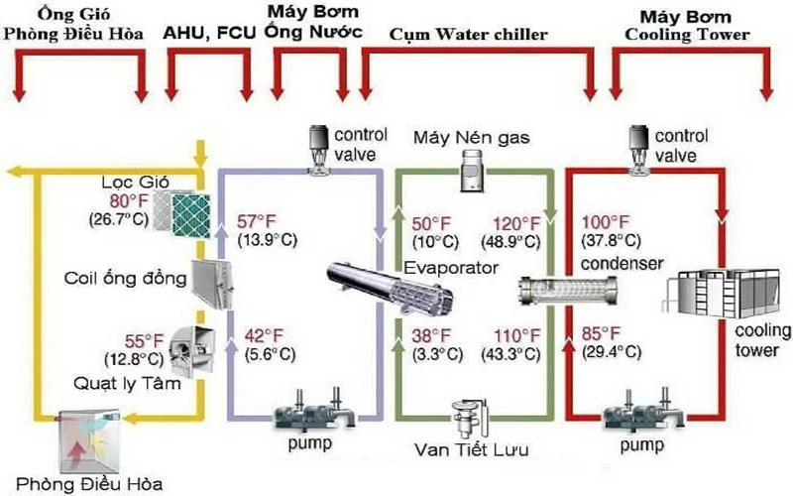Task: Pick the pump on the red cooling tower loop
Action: pyautogui.click(x=634, y=408)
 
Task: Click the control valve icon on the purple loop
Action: pyautogui.click(x=319, y=149)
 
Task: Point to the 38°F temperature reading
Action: pyautogui.click(x=434, y=335)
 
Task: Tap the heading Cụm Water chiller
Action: pyautogui.click(x=483, y=36)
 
